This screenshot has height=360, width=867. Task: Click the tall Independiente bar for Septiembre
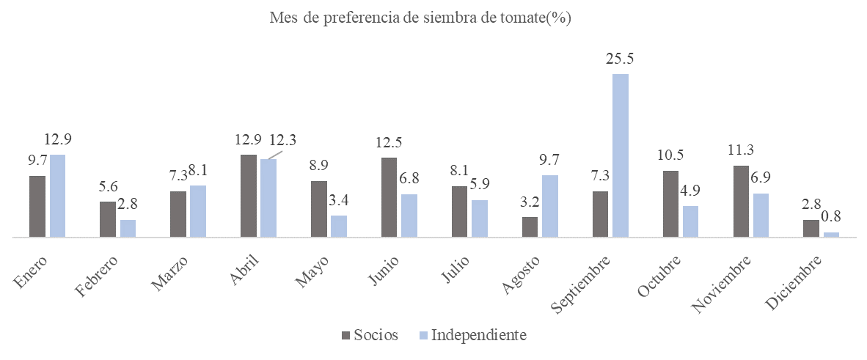pyautogui.click(x=621, y=155)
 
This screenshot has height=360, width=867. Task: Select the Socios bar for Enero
pyautogui.click(x=37, y=207)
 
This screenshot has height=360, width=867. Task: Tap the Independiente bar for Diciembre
pyautogui.click(x=831, y=235)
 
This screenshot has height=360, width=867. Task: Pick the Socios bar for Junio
pyautogui.click(x=389, y=197)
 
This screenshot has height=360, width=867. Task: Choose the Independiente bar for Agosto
pyautogui.click(x=550, y=206)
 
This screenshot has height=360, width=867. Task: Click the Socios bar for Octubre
pyautogui.click(x=670, y=204)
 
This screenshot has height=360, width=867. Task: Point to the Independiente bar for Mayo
pyautogui.click(x=339, y=227)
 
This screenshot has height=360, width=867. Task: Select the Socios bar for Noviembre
pyautogui.click(x=741, y=202)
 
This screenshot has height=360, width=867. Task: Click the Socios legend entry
pyautogui.click(x=370, y=336)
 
